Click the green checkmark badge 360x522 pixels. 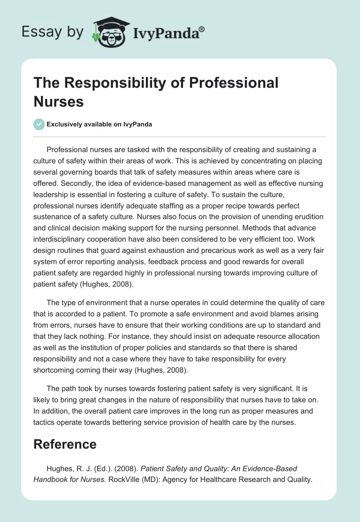(39, 124)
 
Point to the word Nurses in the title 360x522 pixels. (58, 101)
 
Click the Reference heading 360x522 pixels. (65, 444)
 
